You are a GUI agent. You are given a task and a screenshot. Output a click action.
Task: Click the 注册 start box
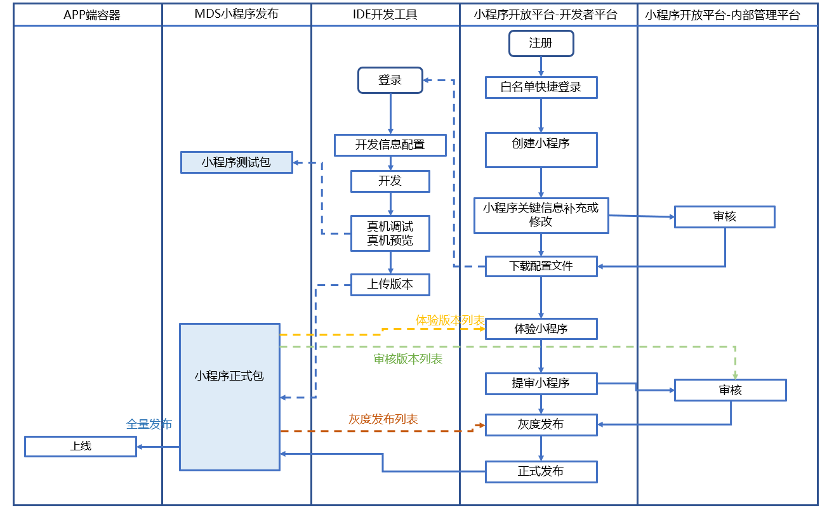pyautogui.click(x=541, y=43)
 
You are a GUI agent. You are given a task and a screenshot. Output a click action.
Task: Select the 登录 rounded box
pyautogui.click(x=390, y=81)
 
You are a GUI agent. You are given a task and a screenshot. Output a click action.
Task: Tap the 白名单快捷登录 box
pyautogui.click(x=541, y=88)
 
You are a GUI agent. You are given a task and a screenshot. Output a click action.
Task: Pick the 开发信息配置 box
pyautogui.click(x=390, y=145)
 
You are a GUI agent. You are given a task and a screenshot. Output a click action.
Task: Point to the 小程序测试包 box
pyautogui.click(x=237, y=162)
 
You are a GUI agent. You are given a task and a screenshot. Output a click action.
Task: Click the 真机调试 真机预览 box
pyautogui.click(x=390, y=233)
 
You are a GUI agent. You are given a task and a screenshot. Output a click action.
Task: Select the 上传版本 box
pyautogui.click(x=390, y=285)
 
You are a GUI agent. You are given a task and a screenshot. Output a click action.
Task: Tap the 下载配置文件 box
pyautogui.click(x=541, y=266)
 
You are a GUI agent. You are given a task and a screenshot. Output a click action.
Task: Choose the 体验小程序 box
pyautogui.click(x=541, y=329)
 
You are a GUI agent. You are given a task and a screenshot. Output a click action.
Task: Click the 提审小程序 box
pyautogui.click(x=541, y=383)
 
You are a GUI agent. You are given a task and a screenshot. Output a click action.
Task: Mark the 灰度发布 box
pyautogui.click(x=541, y=424)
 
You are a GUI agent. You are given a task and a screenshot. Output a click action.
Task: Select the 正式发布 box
pyautogui.click(x=541, y=471)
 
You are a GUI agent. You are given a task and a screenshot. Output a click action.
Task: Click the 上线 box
pyautogui.click(x=81, y=446)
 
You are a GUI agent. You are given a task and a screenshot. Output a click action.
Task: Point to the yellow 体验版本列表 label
pyautogui.click(x=450, y=320)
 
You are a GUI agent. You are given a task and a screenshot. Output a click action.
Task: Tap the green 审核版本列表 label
pyautogui.click(x=408, y=359)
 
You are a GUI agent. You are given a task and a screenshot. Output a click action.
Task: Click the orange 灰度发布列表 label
pyautogui.click(x=383, y=419)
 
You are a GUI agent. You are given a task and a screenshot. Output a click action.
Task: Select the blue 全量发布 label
pyautogui.click(x=149, y=424)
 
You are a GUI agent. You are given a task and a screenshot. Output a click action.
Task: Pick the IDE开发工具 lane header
pyautogui.click(x=385, y=15)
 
